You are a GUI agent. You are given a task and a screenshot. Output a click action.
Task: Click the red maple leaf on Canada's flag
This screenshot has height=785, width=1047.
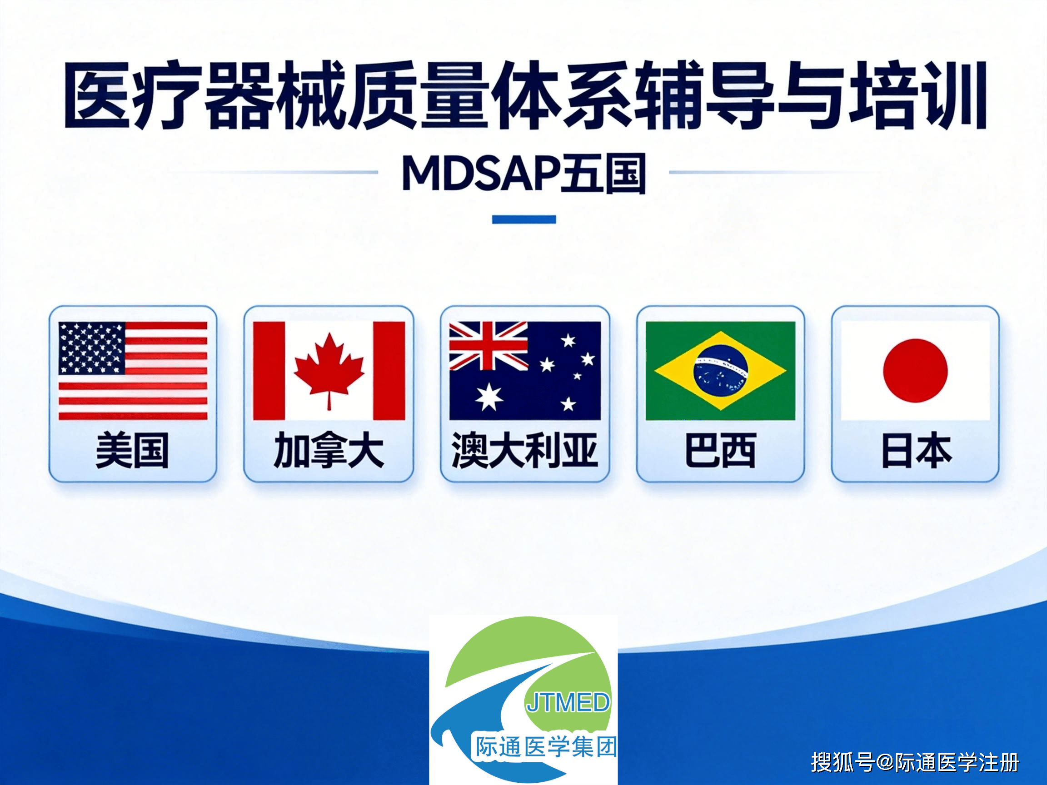pyautogui.click(x=329, y=367)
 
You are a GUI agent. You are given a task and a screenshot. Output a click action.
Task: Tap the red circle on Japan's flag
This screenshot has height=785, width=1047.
pyautogui.click(x=915, y=371)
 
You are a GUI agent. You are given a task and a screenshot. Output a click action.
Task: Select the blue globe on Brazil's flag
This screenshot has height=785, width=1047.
pyautogui.click(x=720, y=371)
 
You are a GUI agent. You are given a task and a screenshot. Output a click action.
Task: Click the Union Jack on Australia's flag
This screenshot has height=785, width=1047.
pyautogui.click(x=488, y=346)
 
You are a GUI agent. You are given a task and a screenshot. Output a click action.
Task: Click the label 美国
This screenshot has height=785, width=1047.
pyautogui.click(x=132, y=451)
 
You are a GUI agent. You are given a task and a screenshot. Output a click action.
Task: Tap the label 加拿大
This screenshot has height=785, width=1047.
pyautogui.click(x=329, y=451)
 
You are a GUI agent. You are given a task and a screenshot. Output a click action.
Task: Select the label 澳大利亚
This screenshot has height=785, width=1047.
pyautogui.click(x=524, y=451)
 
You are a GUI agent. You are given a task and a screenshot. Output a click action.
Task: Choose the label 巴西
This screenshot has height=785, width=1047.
pyautogui.click(x=720, y=451)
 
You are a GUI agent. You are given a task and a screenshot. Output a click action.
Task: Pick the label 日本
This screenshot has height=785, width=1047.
pyautogui.click(x=915, y=451)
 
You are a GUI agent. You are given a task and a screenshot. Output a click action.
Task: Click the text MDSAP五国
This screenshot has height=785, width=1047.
pyautogui.click(x=523, y=174)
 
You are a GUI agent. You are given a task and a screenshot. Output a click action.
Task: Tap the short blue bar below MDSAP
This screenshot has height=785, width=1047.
pyautogui.click(x=523, y=219)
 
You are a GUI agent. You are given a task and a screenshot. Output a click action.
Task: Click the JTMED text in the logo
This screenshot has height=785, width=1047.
pyautogui.click(x=568, y=703)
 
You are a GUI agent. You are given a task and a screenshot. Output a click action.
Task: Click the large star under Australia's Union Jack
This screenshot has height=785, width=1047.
pyautogui.click(x=489, y=397)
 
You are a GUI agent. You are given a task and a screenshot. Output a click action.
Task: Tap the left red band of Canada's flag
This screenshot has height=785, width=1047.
pyautogui.click(x=269, y=371)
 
